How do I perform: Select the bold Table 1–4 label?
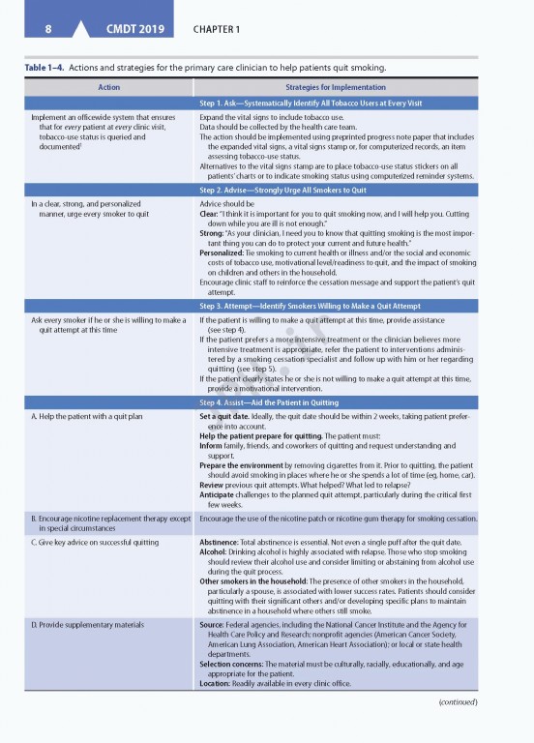[37, 68]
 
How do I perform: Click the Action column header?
[109, 87]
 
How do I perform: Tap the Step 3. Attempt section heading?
[330, 305]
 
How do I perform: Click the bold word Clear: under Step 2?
[210, 214]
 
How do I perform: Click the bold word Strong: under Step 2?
[212, 233]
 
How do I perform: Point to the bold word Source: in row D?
[213, 625]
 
